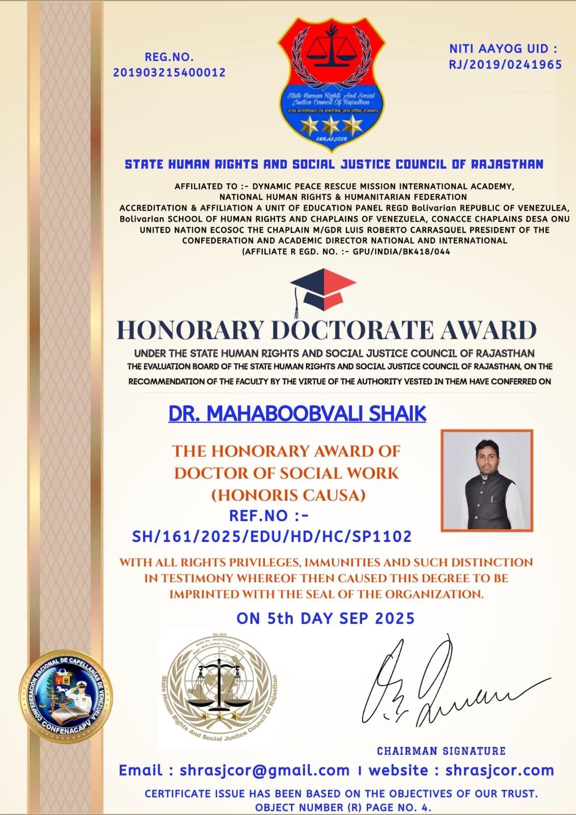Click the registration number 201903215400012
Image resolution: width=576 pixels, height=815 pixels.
point(169,72)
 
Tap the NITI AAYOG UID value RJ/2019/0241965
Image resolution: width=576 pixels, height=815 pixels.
point(505,64)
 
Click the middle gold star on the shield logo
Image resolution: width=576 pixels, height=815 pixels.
point(330,124)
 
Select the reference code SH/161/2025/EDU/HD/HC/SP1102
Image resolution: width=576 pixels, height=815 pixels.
point(271,536)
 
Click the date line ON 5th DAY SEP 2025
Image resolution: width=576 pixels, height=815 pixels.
point(325,618)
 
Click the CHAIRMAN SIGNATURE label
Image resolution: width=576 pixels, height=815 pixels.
point(441,751)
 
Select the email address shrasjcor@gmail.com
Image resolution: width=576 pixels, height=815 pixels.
point(264,771)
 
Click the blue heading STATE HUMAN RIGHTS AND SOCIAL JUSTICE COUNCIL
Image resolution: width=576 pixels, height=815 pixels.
point(334,164)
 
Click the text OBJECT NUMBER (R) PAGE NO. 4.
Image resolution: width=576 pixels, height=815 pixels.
point(343,807)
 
